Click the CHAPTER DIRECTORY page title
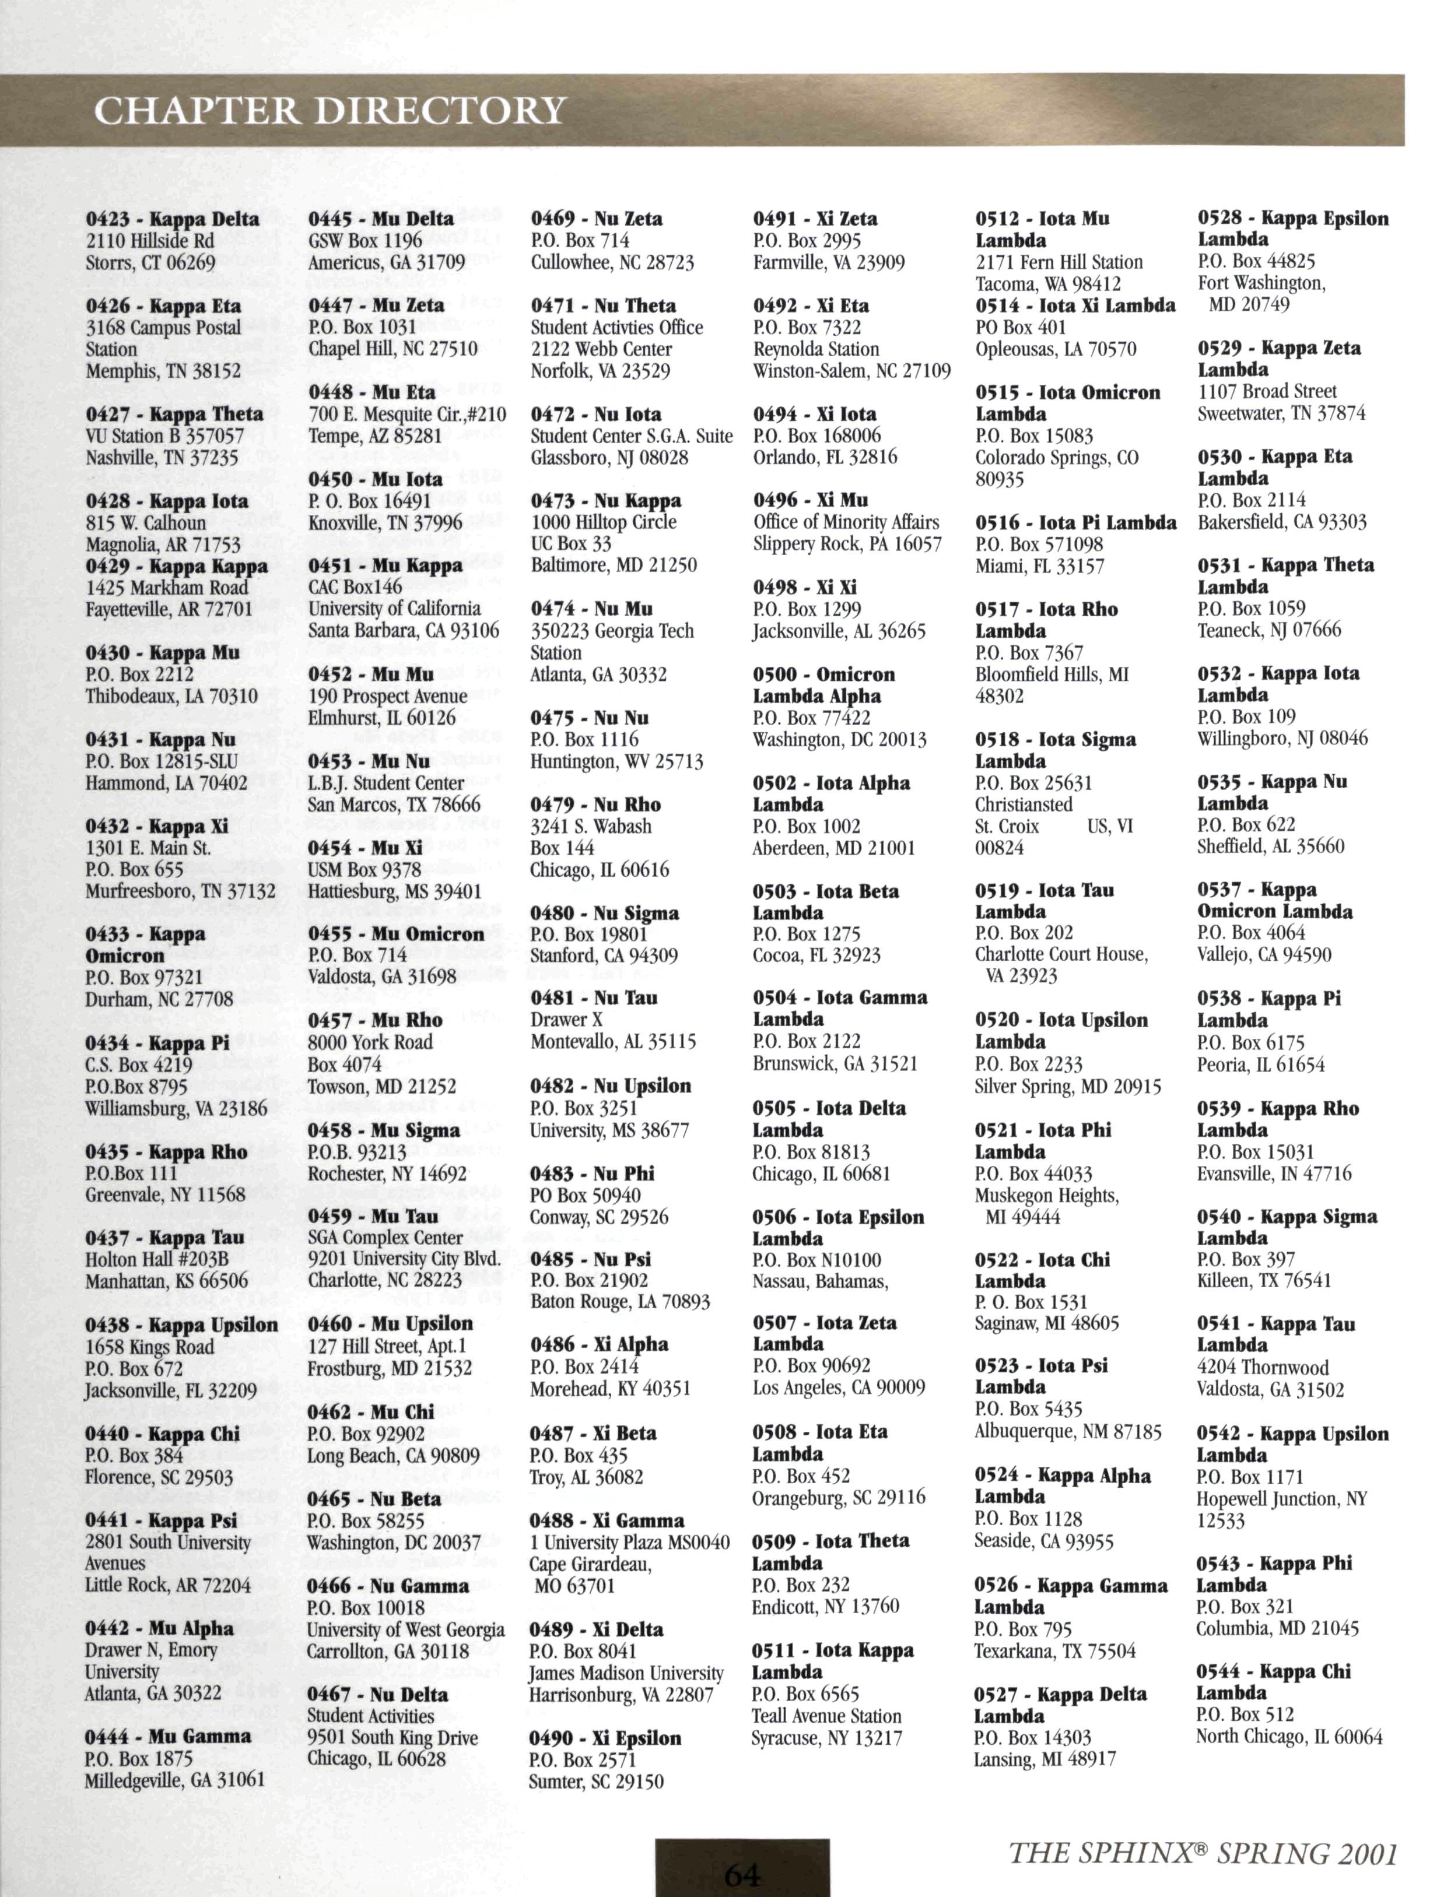coord(330,111)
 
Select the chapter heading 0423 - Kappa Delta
coord(172,219)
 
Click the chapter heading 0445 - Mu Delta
coord(381,219)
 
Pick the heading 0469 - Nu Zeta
coord(597,219)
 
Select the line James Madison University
coord(626,1673)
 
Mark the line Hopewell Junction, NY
coord(1282,1499)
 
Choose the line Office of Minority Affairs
coord(846,522)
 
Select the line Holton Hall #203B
coord(156,1260)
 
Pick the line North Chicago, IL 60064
coord(1289,1737)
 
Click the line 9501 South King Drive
coord(392,1737)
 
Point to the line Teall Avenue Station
coord(826,1716)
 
